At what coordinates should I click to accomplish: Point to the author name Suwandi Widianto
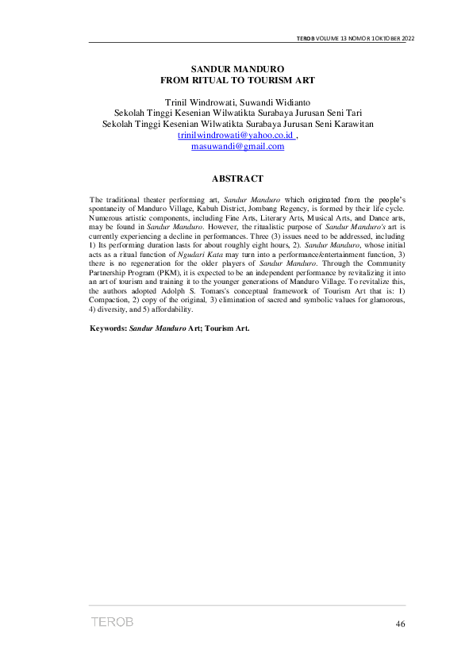point(275,102)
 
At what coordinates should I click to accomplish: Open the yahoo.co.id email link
point(236,136)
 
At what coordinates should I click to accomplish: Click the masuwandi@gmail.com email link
point(237,147)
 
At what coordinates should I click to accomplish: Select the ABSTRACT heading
point(237,179)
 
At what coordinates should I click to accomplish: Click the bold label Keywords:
point(109,328)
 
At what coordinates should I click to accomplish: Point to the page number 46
point(400,624)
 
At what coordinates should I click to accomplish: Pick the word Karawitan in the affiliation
point(346,125)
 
